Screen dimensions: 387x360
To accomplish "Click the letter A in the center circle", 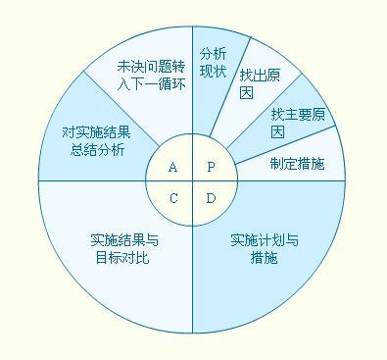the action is point(173,167).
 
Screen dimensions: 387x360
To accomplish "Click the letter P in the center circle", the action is point(211,167).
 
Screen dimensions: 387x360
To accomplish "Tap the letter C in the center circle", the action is point(173,198).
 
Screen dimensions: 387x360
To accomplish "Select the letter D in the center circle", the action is point(211,198).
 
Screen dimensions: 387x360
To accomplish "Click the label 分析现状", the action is point(214,61).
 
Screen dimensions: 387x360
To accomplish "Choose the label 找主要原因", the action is point(291,122).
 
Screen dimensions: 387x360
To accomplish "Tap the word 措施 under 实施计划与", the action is point(264,259).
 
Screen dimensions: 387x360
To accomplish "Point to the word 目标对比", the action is point(123,259).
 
